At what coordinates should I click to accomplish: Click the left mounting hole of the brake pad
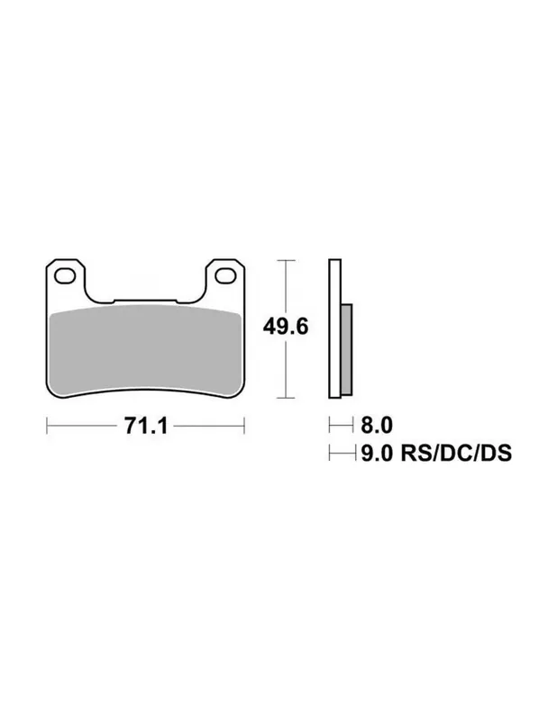coord(65,276)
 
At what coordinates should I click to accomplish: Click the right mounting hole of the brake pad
coord(225,276)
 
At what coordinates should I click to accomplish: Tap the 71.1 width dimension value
coord(146,426)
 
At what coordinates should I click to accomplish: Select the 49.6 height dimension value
coord(286,327)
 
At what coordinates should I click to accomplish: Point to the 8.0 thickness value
coord(377,425)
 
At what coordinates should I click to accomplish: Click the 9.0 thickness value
coord(377,454)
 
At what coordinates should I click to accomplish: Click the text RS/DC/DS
coord(456,454)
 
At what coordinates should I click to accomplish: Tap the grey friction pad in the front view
coord(145,350)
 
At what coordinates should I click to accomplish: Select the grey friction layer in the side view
coord(347,349)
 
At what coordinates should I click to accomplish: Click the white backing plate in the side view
coord(335,328)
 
